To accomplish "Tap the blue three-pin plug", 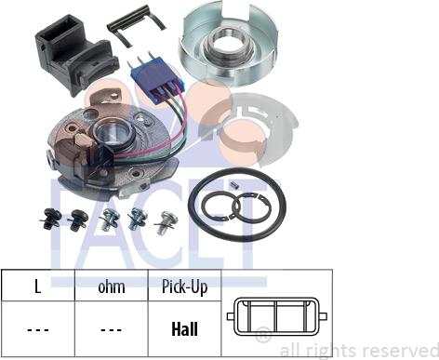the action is point(158,77).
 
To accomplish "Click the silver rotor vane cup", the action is point(229,44).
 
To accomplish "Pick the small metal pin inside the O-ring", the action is point(236,184).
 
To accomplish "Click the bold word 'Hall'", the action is point(185,329).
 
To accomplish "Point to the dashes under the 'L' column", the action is point(38,329).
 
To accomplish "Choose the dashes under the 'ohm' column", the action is point(112,329).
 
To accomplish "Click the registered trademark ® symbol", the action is point(263,335).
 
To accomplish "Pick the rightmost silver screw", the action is point(166,222).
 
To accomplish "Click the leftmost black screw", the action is point(50,220).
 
